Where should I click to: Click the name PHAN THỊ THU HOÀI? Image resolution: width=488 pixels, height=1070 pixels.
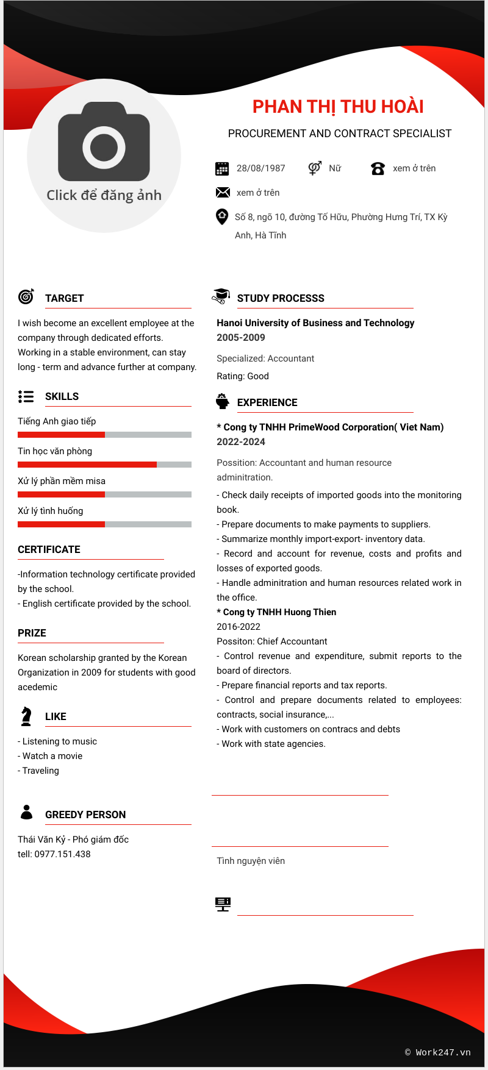point(338,107)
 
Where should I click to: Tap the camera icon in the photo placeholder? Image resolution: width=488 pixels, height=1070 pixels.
point(104,141)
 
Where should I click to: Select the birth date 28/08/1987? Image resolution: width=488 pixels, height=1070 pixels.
point(260,168)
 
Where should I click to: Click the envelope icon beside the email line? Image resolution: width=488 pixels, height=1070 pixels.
point(223,193)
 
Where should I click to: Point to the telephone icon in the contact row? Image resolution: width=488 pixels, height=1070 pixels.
point(378,168)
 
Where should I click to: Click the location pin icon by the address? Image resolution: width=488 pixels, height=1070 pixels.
point(222,216)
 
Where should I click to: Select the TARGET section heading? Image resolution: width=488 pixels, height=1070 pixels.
point(64,298)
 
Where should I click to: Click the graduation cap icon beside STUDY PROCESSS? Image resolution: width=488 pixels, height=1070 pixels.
point(221,296)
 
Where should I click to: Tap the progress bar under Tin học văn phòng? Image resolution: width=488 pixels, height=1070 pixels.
point(104,465)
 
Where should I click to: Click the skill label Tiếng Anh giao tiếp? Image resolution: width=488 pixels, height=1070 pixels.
point(57,421)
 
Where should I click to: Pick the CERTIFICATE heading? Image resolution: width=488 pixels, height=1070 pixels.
point(49,549)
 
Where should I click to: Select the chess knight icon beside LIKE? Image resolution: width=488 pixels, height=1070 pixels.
point(26,716)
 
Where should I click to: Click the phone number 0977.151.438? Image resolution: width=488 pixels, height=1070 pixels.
point(62,854)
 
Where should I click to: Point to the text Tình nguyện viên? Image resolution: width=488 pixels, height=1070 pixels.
point(251,861)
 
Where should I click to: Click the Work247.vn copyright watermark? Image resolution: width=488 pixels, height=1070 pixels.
point(438,1052)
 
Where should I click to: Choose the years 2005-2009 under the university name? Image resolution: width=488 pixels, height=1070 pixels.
point(241,337)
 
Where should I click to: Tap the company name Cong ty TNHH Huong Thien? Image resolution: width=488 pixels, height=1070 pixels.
point(279,612)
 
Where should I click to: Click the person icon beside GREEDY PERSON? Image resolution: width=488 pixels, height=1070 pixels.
point(26,812)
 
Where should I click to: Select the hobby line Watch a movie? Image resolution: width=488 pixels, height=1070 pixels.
point(52,756)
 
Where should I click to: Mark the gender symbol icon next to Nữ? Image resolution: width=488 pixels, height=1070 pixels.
point(315,168)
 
